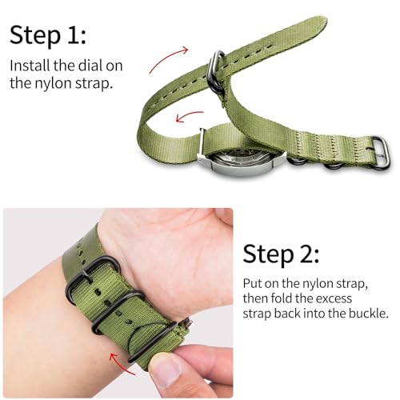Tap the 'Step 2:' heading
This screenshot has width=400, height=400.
coord(281,254)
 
